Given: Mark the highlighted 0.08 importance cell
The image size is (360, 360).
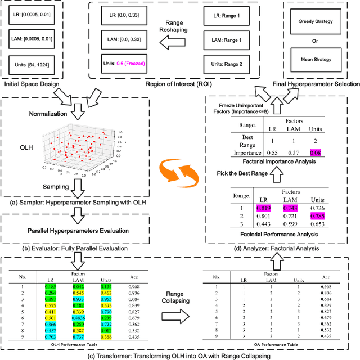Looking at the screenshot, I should click(x=315, y=152).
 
